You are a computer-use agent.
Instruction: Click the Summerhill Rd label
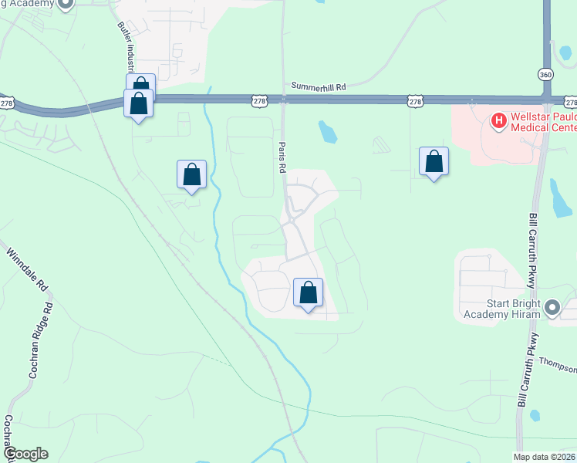pos(319,87)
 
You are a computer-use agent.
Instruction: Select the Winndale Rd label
pos(28,268)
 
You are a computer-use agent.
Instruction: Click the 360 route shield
pos(546,73)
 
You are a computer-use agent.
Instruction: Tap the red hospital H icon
pos(498,120)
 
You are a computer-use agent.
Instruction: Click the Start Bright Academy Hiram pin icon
pos(552,308)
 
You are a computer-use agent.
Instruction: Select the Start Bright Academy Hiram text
pos(502,308)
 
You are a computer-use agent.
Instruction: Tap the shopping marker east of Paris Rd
pos(434,161)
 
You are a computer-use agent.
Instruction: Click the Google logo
pos(25,454)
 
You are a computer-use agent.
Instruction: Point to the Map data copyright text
pos(543,457)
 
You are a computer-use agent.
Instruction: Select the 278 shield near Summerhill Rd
pos(261,101)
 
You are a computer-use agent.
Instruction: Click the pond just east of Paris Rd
pos(328,133)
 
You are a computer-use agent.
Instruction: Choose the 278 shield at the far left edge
pos(6,103)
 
